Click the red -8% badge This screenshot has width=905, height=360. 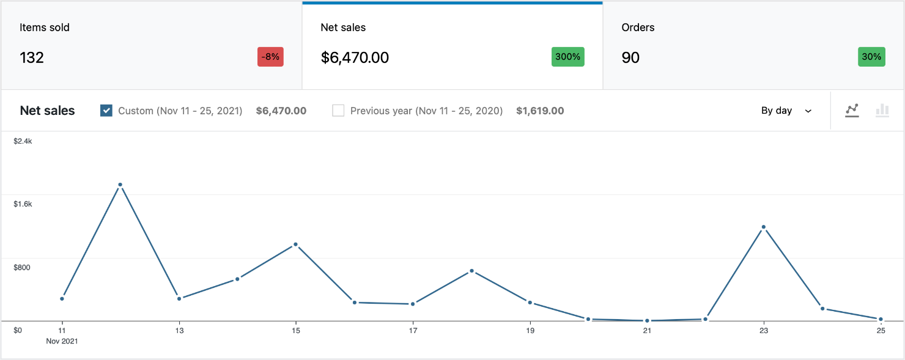[x=270, y=57]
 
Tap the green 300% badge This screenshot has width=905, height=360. [x=567, y=57]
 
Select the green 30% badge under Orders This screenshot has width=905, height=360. [x=871, y=57]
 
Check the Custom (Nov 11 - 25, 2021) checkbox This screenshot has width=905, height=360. [x=106, y=111]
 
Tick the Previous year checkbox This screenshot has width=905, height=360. [x=338, y=111]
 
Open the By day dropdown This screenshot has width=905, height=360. [x=786, y=111]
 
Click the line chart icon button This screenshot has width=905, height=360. [x=852, y=111]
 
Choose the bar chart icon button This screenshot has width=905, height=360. [x=882, y=111]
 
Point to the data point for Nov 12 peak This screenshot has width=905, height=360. [x=120, y=185]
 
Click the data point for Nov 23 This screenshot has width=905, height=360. [x=764, y=227]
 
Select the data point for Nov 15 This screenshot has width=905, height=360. [x=296, y=244]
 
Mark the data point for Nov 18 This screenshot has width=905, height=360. [x=471, y=271]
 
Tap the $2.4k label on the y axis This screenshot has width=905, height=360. [x=23, y=141]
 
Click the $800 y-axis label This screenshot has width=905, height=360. [x=22, y=267]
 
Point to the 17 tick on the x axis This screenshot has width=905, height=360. [x=413, y=331]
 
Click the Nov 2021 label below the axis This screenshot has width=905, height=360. [x=62, y=341]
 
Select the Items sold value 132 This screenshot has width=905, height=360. [x=32, y=57]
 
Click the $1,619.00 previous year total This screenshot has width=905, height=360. [x=540, y=111]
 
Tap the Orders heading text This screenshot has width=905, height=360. [x=638, y=28]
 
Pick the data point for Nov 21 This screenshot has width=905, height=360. [x=647, y=321]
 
